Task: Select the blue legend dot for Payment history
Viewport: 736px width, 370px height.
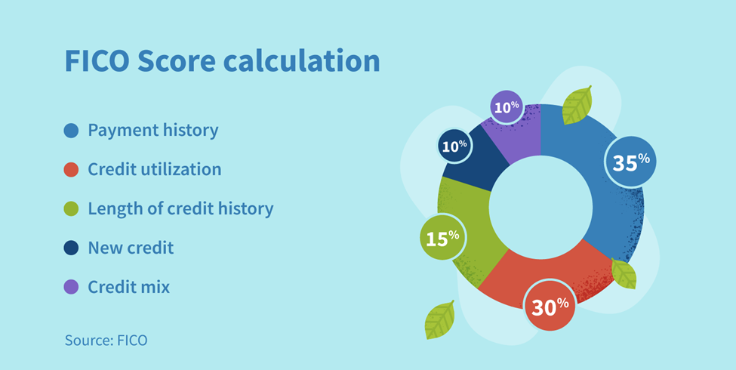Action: (x=72, y=131)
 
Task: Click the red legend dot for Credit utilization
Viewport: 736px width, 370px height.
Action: (x=72, y=170)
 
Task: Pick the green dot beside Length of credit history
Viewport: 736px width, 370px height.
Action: (x=72, y=209)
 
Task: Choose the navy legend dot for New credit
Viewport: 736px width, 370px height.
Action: (x=72, y=248)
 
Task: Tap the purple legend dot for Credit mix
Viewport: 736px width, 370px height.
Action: (x=72, y=288)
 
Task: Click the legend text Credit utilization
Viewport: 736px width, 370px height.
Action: (x=155, y=169)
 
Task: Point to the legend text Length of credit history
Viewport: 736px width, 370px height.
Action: (x=180, y=208)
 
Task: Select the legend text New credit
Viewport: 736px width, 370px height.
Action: (x=131, y=248)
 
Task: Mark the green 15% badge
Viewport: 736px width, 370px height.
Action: (x=442, y=237)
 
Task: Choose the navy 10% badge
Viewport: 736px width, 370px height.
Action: (x=454, y=146)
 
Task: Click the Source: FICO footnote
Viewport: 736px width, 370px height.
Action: (x=106, y=341)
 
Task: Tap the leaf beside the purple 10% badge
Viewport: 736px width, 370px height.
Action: (x=577, y=105)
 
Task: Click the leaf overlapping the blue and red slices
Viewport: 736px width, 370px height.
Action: (x=624, y=274)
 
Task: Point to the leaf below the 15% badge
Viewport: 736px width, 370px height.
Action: (x=439, y=320)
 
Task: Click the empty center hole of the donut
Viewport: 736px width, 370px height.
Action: (x=540, y=208)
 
